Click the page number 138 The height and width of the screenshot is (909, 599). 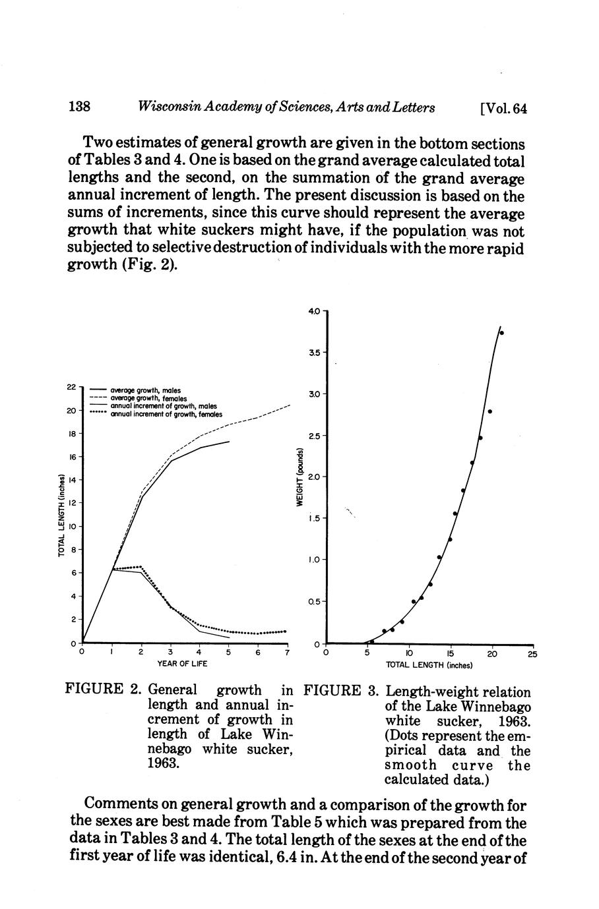[79, 107]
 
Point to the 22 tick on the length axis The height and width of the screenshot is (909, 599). [73, 386]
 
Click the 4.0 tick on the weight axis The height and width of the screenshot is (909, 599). [313, 310]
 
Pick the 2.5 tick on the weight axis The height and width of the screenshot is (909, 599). [313, 436]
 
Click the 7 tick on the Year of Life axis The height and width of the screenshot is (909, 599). [287, 653]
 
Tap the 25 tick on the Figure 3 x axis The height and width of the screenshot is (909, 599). [532, 654]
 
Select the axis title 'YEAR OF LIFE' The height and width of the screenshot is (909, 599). [182, 664]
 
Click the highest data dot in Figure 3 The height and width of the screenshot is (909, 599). [501, 332]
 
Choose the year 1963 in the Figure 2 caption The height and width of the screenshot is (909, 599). [162, 763]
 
